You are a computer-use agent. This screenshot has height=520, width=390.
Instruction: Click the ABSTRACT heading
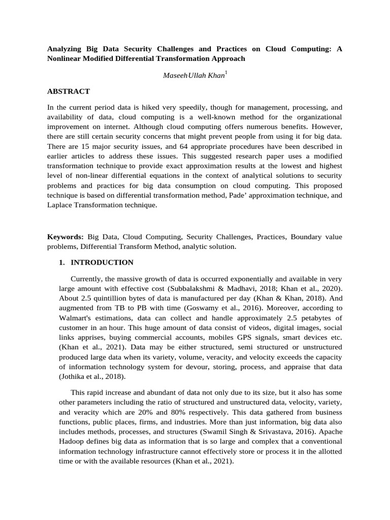[x=68, y=91]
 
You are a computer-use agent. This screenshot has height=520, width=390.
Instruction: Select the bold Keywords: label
[x=66, y=237]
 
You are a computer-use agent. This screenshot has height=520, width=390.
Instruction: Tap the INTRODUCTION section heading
[x=102, y=263]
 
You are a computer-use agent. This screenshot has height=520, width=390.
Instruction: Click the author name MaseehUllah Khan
[x=193, y=76]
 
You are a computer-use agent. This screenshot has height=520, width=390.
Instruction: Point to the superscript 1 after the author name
[x=226, y=73]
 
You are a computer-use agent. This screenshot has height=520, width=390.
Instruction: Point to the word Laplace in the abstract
[x=61, y=205]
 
